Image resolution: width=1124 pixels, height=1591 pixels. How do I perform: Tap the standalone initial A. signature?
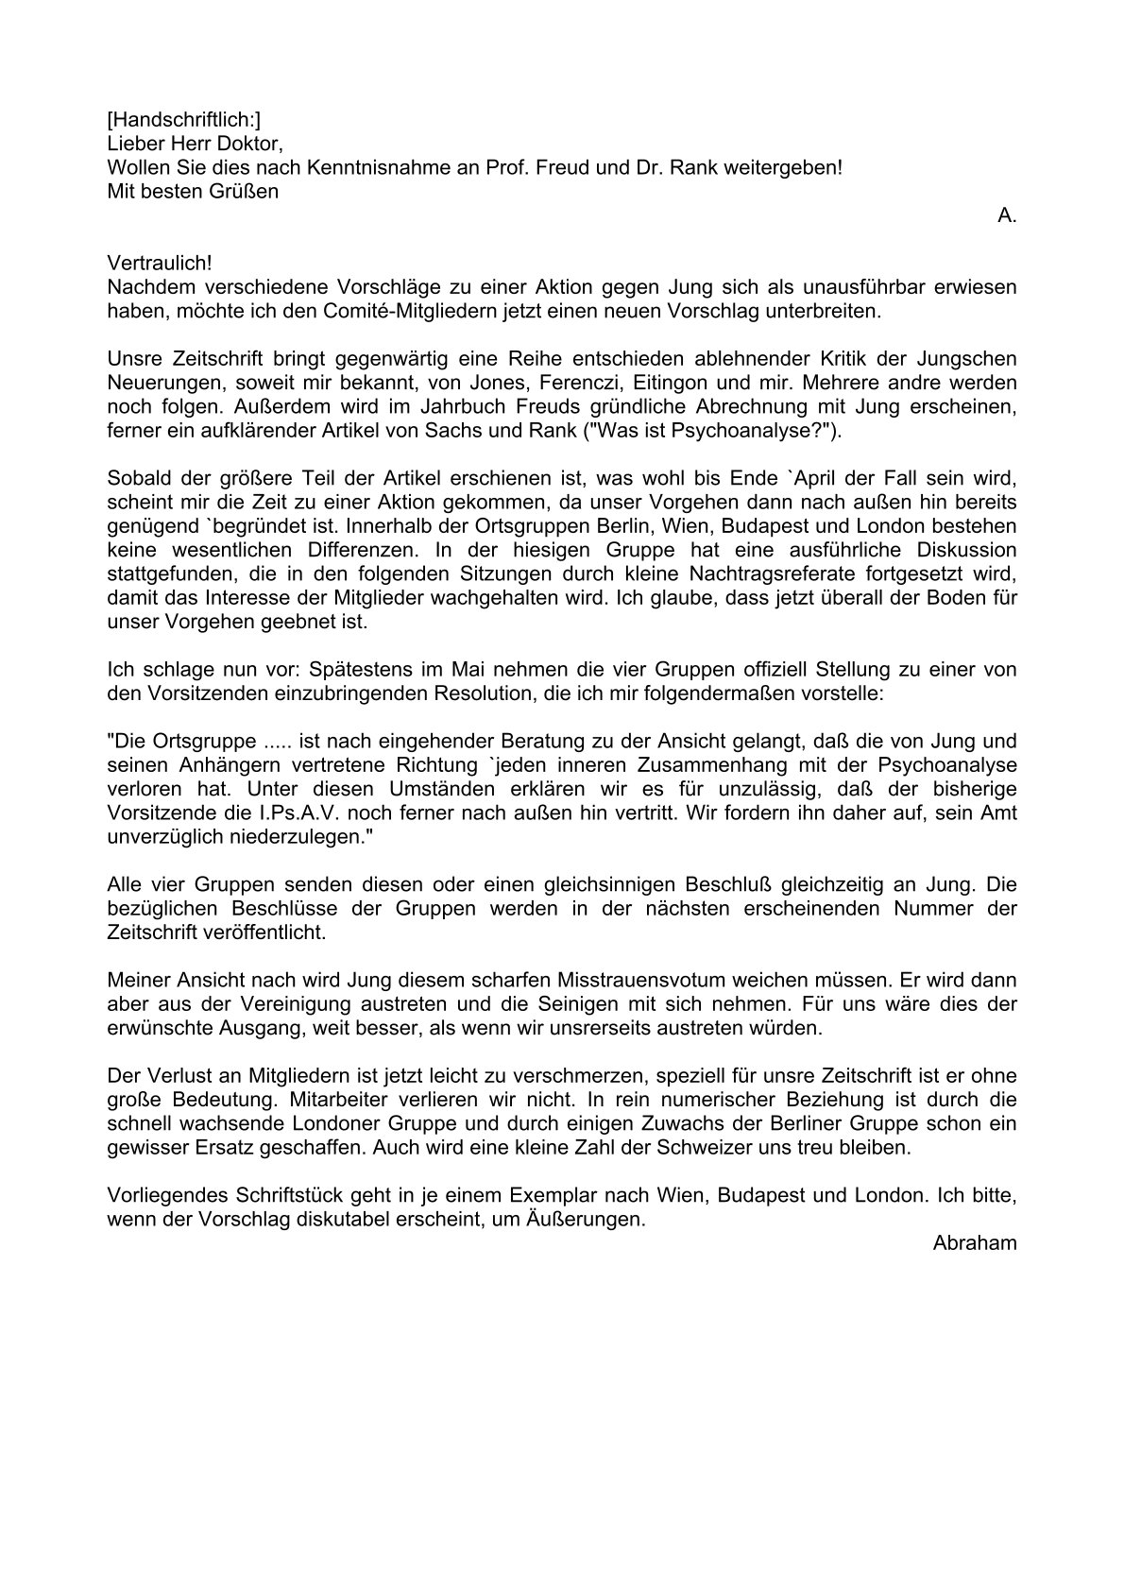click(1007, 215)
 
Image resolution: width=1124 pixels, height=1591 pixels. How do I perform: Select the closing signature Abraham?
click(975, 1243)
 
